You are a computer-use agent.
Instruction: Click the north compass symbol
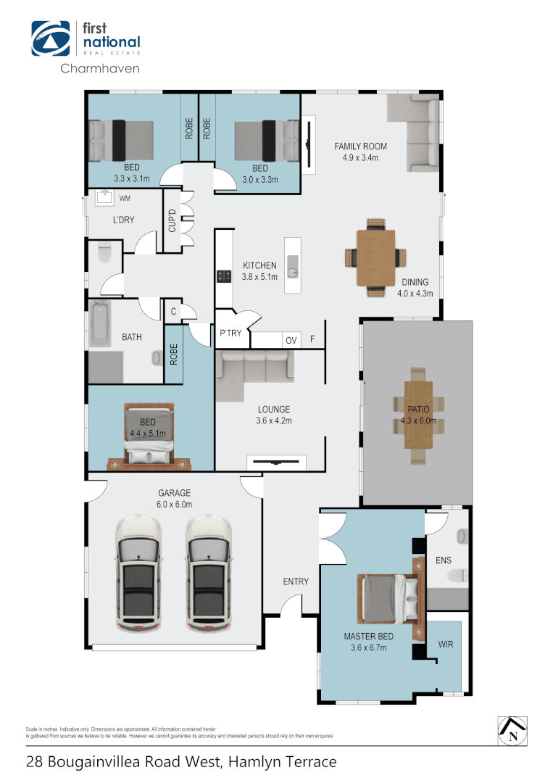(512, 729)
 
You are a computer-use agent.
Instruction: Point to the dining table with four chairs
(375, 258)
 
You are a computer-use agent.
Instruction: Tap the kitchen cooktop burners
(224, 275)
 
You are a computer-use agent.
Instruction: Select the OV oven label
(291, 340)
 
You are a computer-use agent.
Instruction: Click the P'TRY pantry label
(230, 333)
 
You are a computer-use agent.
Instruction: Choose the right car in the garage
(209, 573)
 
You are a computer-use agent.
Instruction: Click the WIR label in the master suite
(446, 644)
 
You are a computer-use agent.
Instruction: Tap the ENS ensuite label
(444, 560)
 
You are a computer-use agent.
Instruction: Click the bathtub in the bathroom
(99, 325)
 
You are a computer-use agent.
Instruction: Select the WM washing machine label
(125, 198)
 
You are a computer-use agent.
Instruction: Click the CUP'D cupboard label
(172, 220)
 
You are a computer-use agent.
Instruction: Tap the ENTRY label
(296, 581)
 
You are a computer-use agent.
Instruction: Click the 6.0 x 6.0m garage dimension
(175, 505)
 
